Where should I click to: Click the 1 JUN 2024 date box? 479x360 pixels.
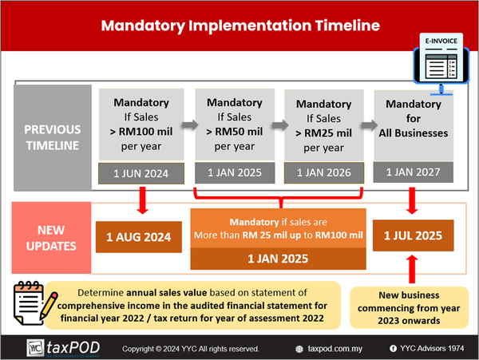[141, 173]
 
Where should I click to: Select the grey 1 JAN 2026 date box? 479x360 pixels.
[324, 172]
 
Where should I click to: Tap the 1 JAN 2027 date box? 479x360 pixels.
[414, 172]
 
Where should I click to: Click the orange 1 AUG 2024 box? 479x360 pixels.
[139, 237]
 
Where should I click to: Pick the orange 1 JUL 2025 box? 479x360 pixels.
[413, 235]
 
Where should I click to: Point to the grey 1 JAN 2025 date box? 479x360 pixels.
[235, 172]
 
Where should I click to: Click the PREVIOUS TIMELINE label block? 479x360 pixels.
[53, 138]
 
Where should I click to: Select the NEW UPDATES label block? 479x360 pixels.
[51, 238]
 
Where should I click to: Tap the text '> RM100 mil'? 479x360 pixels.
[141, 132]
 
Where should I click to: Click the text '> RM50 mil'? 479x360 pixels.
[234, 132]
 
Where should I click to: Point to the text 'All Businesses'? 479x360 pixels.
[414, 133]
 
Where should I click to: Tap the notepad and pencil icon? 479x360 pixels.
[35, 303]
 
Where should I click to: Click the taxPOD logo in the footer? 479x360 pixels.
[63, 348]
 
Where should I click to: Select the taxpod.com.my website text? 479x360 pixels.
[335, 349]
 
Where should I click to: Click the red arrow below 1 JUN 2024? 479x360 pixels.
[143, 200]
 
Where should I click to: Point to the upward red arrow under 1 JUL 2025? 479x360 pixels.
[412, 269]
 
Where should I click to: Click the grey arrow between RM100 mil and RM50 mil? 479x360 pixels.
[190, 125]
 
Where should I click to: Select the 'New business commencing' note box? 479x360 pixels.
[409, 307]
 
